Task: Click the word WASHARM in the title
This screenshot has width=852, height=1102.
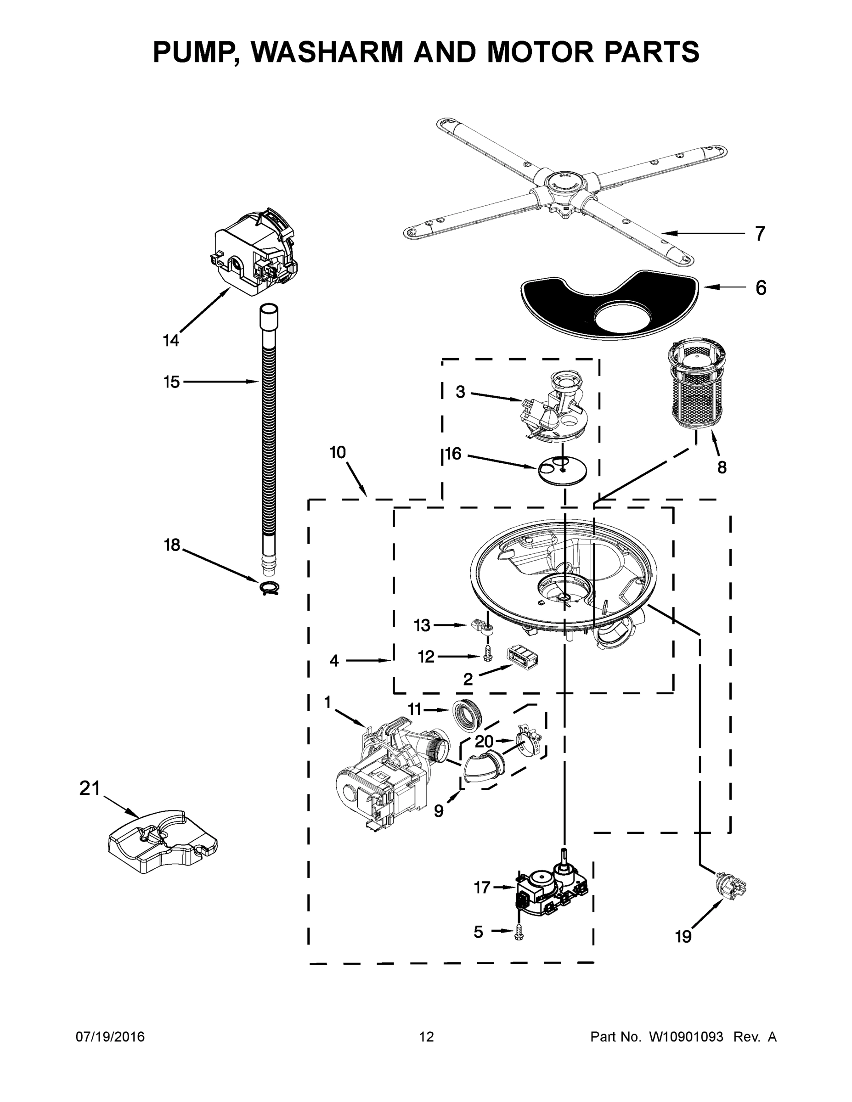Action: pyautogui.click(x=328, y=52)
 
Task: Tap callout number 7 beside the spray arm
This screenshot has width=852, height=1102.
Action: pyautogui.click(x=760, y=234)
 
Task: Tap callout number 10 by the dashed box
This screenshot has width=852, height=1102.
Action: pyautogui.click(x=338, y=453)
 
